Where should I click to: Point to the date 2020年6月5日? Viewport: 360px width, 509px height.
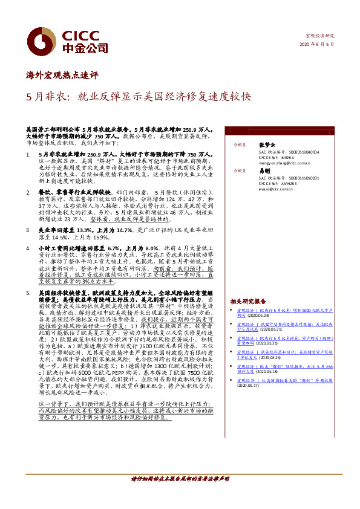[317, 45]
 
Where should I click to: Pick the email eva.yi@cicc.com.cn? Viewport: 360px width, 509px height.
[275, 189]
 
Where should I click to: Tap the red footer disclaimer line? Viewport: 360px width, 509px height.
[180, 478]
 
